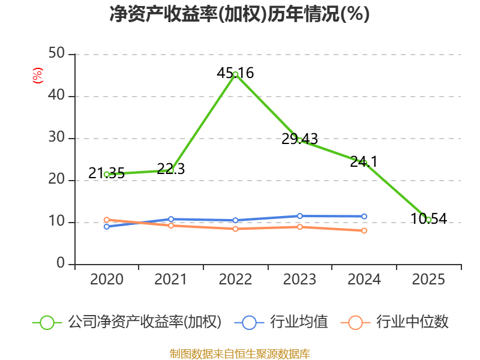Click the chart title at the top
point(239,14)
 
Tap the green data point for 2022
point(235,74)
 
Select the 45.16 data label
point(235,73)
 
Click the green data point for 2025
point(428,220)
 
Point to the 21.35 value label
point(107,173)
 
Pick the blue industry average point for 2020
point(107,227)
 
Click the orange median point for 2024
point(364,230)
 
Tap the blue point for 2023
point(299,216)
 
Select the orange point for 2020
point(107,220)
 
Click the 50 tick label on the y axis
point(56,53)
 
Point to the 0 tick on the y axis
point(61,263)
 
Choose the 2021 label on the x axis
point(170,279)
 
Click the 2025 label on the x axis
point(428,279)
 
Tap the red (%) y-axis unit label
point(38,76)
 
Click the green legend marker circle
point(47,323)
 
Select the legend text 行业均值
point(299,322)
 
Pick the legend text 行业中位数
point(412,322)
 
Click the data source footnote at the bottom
point(240,354)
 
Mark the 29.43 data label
point(299,139)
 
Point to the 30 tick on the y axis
point(56,137)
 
